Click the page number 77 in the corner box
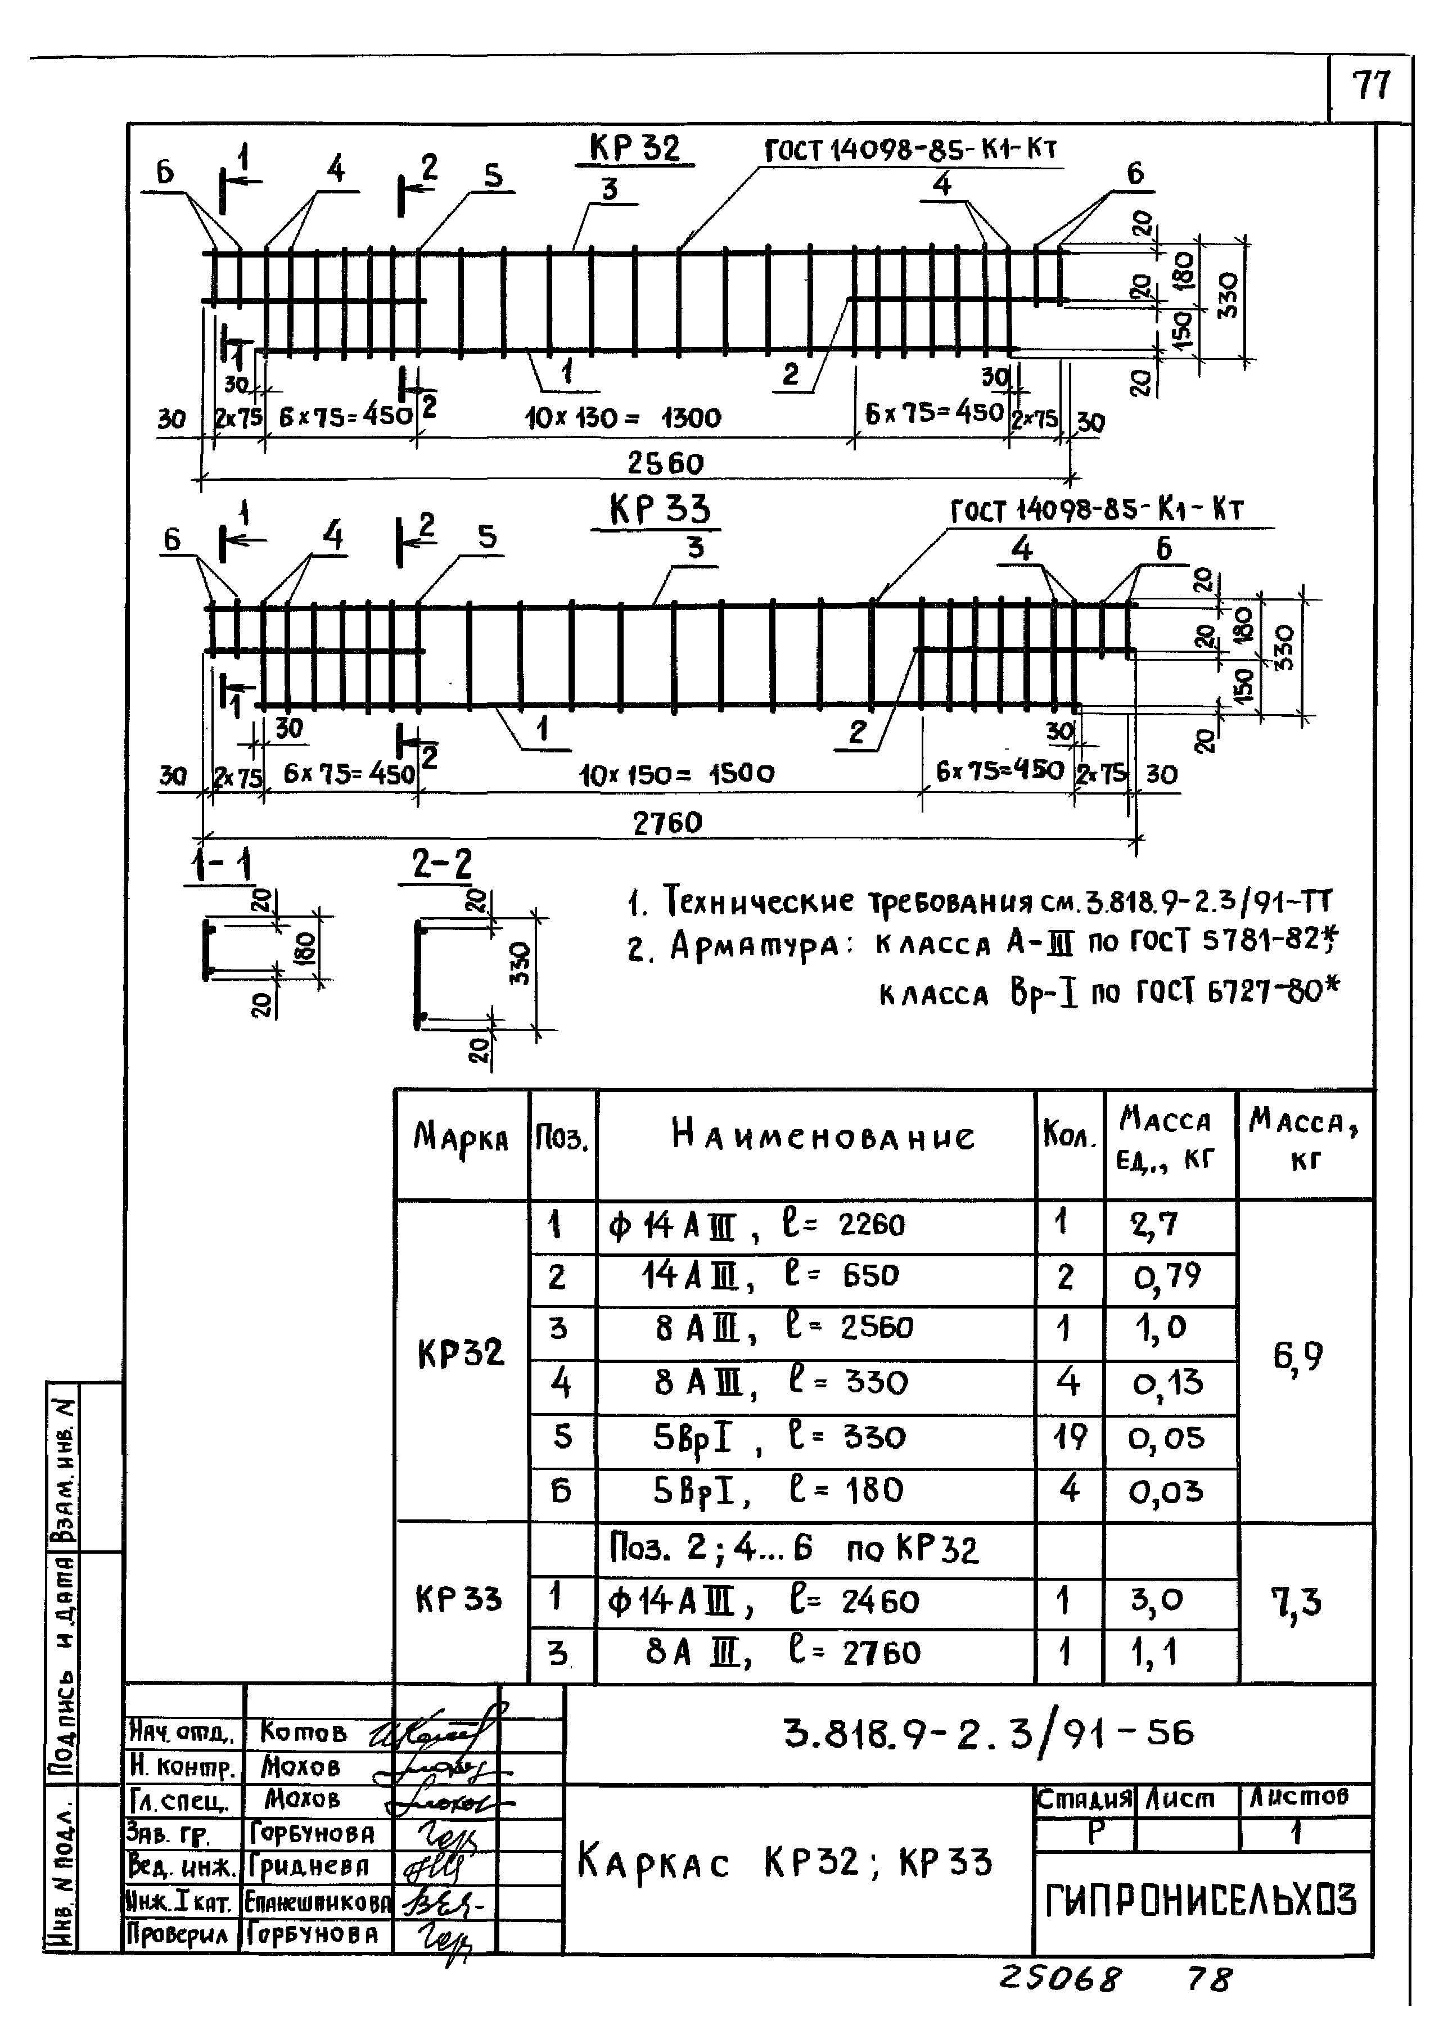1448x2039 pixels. click(1370, 87)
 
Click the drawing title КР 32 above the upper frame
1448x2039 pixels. click(634, 148)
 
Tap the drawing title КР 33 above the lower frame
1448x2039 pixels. click(660, 510)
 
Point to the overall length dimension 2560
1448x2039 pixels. click(665, 463)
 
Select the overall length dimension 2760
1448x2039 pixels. click(667, 822)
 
